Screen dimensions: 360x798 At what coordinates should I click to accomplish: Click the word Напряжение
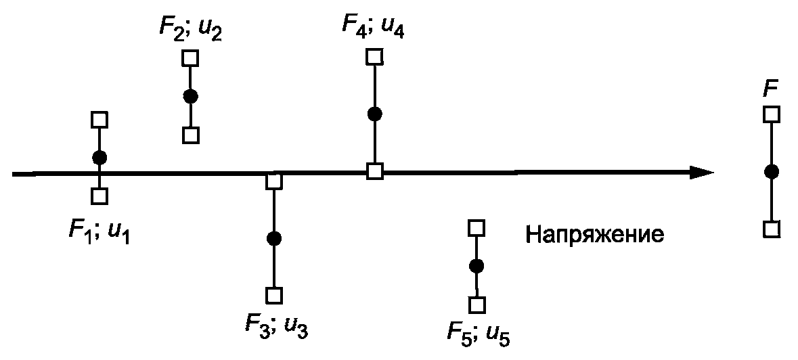tap(594, 235)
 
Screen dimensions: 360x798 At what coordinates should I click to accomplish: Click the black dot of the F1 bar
tap(99, 158)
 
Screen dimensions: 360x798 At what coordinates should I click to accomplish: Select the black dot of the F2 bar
tap(190, 96)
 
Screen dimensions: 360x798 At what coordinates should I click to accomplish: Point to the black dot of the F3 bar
tap(273, 238)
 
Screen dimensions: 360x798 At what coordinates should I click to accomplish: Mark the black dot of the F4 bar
tap(374, 114)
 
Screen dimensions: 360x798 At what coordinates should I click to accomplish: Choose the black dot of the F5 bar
tap(476, 266)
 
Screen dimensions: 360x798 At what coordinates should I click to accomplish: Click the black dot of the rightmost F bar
tap(771, 172)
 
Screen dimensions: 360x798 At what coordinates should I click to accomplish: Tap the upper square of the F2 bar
tap(190, 58)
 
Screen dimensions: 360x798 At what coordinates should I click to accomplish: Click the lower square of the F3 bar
tap(273, 296)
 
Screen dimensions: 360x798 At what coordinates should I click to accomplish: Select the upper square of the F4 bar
tap(374, 56)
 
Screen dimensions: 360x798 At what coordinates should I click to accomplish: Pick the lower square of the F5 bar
tap(477, 305)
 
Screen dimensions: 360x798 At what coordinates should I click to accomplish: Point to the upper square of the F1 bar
tap(99, 120)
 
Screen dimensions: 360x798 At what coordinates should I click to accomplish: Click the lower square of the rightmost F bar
tap(771, 229)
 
